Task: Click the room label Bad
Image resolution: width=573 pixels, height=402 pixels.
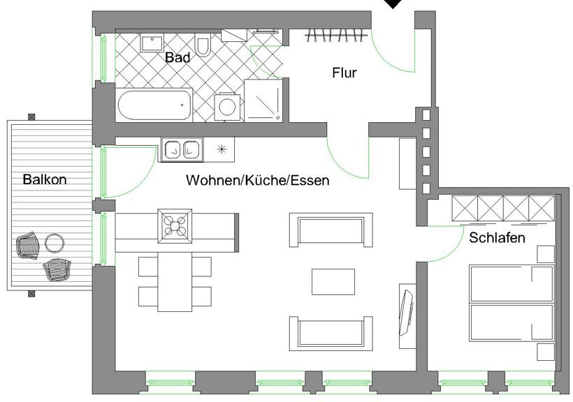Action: (x=177, y=57)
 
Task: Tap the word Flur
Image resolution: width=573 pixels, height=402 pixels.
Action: (x=344, y=73)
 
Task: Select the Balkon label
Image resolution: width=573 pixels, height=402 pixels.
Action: (x=45, y=179)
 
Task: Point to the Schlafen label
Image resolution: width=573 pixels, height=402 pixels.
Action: (x=497, y=238)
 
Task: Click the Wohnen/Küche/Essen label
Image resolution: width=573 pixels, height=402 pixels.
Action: (x=258, y=180)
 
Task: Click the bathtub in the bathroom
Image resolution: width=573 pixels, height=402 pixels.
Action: (x=154, y=105)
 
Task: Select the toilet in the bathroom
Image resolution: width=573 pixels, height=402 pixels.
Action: (x=203, y=44)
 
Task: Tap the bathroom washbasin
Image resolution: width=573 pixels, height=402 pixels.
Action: (x=152, y=43)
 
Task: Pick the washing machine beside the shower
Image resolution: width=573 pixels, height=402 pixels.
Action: (x=229, y=107)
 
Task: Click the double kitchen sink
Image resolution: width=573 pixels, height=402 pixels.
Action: (x=182, y=149)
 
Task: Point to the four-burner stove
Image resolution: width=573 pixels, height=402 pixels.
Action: (x=175, y=226)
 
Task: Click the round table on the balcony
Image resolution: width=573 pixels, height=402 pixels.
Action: (x=55, y=243)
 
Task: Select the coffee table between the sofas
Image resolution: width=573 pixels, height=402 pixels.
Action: (x=333, y=281)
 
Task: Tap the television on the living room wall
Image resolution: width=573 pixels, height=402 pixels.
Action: (x=407, y=313)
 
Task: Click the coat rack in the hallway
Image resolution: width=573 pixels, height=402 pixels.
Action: (x=336, y=36)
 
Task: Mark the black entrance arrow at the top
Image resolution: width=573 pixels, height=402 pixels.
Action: (x=393, y=3)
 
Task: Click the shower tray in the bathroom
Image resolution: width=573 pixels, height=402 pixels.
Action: (x=263, y=100)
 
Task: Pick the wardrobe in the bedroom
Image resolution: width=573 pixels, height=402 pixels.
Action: (x=503, y=208)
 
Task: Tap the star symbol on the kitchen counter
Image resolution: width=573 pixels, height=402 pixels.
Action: (x=222, y=149)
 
